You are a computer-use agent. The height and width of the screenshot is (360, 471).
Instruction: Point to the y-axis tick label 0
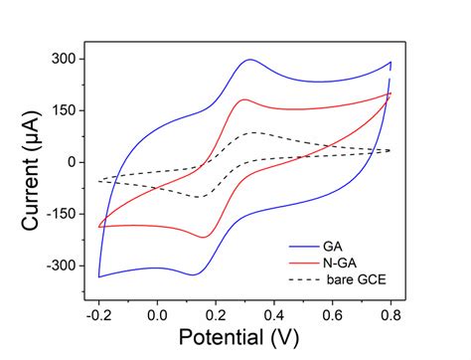coord(71,162)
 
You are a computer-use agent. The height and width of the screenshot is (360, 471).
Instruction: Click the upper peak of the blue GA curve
coord(249,60)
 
